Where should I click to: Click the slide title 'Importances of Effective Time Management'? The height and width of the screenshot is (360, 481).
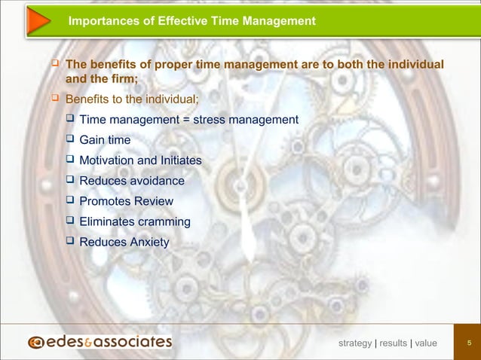click(x=191, y=22)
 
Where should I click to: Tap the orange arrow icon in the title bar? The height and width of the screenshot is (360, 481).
click(x=33, y=21)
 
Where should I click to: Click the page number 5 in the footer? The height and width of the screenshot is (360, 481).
click(x=469, y=343)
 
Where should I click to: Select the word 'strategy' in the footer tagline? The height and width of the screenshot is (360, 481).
click(x=355, y=343)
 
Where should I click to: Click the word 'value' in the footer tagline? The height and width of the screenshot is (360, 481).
click(x=425, y=343)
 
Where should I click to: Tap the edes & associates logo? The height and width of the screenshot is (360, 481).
click(x=100, y=343)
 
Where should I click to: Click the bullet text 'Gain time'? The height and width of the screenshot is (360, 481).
click(x=105, y=140)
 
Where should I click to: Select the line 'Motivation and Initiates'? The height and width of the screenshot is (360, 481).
click(x=140, y=160)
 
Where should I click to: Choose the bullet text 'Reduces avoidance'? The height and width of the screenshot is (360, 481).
click(x=131, y=181)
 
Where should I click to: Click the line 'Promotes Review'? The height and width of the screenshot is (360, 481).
click(x=126, y=201)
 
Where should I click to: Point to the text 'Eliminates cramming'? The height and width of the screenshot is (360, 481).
click(x=135, y=221)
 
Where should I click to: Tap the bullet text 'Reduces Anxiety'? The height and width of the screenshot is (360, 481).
click(x=124, y=242)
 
